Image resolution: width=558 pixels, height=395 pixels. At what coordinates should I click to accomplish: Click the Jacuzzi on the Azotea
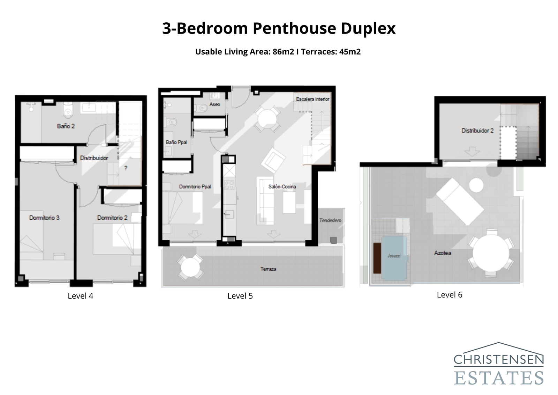[x=394, y=258]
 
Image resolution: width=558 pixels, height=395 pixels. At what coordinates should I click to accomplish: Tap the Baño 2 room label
[x=66, y=126]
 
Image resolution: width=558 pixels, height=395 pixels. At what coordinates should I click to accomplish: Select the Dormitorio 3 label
[x=44, y=218]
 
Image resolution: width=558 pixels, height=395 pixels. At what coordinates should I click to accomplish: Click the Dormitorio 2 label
[x=112, y=218]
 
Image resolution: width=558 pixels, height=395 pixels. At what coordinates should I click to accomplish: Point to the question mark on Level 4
[x=126, y=168]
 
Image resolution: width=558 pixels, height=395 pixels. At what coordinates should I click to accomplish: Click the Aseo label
[x=215, y=104]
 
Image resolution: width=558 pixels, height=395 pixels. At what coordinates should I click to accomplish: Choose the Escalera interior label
[x=312, y=99]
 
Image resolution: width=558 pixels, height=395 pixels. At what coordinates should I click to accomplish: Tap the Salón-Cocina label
[x=282, y=186]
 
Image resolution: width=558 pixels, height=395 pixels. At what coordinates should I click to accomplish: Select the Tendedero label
[x=330, y=220]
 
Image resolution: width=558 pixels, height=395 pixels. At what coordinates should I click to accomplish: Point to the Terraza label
[x=268, y=269]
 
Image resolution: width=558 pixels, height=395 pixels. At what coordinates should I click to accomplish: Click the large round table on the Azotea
[x=491, y=253]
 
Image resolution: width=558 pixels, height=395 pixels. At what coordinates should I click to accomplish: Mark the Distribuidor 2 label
[x=477, y=131]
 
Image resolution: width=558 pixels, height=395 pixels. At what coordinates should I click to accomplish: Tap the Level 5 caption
[x=240, y=296]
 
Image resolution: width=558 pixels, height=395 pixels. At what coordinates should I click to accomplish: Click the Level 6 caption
[x=450, y=295]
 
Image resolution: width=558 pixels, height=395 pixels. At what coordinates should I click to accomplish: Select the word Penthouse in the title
[x=294, y=28]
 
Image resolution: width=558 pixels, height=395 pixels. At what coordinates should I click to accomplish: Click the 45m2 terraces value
[x=350, y=52]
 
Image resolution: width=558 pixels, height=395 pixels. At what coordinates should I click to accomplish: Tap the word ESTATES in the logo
[x=499, y=378]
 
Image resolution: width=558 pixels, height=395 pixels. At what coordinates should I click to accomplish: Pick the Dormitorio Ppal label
[x=195, y=186]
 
